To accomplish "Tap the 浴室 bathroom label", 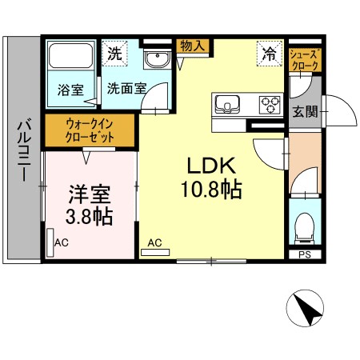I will click(70, 90).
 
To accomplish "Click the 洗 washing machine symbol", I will click(115, 55).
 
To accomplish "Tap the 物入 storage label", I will click(193, 46).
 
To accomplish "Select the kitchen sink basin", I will click(227, 103).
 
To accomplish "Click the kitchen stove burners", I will click(270, 103).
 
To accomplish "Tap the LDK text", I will click(210, 166).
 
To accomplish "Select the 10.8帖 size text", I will click(211, 190).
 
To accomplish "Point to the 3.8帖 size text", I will click(88, 215).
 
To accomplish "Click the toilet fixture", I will click(304, 228).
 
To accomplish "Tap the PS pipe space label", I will click(304, 255).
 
